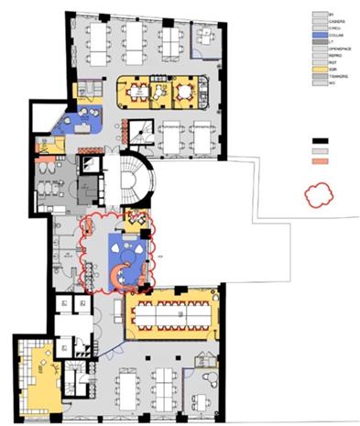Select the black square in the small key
(x=321, y=140)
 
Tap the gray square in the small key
(x=321, y=150)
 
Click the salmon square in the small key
(x=321, y=160)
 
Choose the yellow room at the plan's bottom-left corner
(x=37, y=376)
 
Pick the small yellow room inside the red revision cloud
(x=136, y=219)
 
